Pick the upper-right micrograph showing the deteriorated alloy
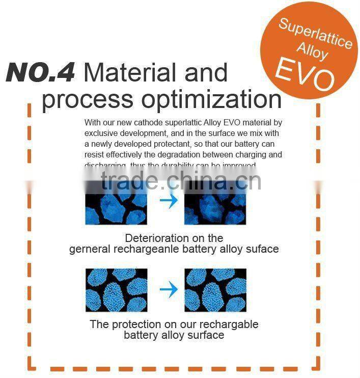coord(215,202)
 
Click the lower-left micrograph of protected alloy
coord(116,290)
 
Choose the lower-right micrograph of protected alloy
coord(215,290)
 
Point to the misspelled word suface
coord(262,249)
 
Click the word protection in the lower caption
coord(134,325)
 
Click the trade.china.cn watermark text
coord(181,181)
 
